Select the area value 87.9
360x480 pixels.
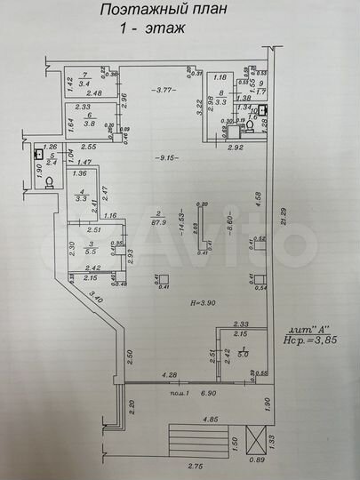click(x=158, y=222)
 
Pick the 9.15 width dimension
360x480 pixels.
click(x=164, y=158)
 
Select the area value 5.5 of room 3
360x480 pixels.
click(x=92, y=252)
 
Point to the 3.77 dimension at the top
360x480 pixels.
click(x=163, y=91)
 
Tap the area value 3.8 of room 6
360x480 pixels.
click(x=90, y=124)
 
